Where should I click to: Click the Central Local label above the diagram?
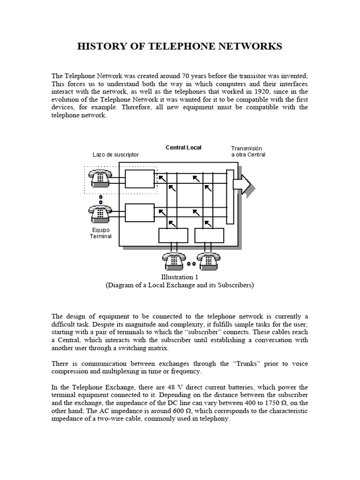[x=183, y=148]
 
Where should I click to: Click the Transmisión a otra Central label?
[x=248, y=151]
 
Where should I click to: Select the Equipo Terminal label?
[x=101, y=233]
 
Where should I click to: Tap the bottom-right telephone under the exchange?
[x=209, y=260]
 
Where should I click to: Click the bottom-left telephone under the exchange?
[x=173, y=260]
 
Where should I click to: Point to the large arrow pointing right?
[x=244, y=184]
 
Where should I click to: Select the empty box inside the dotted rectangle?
[x=140, y=179]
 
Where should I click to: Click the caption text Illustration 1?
[x=180, y=277]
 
